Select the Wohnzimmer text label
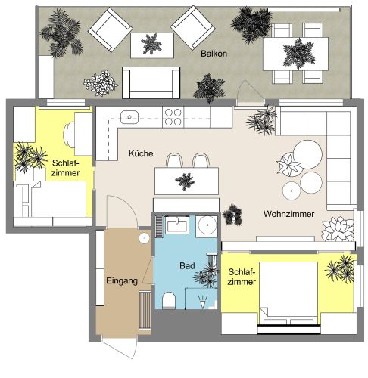288,214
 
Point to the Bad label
188,266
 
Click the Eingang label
122,280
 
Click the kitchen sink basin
130,117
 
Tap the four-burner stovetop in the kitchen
173,116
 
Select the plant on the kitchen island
183,181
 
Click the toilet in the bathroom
170,300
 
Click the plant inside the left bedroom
32,157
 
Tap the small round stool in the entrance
144,237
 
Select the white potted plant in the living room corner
338,228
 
